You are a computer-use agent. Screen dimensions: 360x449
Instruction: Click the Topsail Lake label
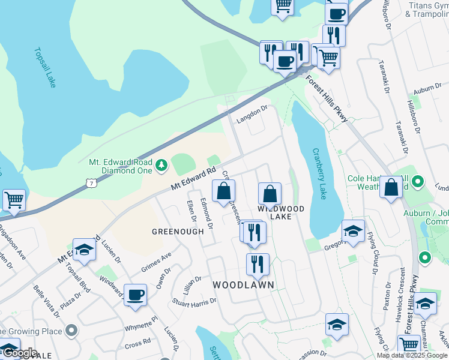point(45,68)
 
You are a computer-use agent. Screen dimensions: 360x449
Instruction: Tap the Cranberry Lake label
point(319,174)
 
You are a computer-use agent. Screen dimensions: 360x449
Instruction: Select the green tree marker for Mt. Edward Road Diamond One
point(161,165)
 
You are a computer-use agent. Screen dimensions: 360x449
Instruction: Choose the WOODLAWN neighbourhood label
point(243,284)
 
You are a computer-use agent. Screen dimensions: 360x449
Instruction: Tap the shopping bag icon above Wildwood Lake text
point(270,194)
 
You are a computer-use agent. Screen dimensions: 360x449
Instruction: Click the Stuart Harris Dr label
point(194,301)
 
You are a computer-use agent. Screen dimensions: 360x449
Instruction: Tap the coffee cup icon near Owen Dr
point(136,295)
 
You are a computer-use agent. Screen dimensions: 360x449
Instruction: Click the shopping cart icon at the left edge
point(13,200)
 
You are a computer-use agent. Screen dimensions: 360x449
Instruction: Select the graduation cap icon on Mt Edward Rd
point(84,250)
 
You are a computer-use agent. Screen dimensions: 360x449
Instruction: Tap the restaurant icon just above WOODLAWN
point(258,264)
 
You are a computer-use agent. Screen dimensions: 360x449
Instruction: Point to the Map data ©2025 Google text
point(412,355)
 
